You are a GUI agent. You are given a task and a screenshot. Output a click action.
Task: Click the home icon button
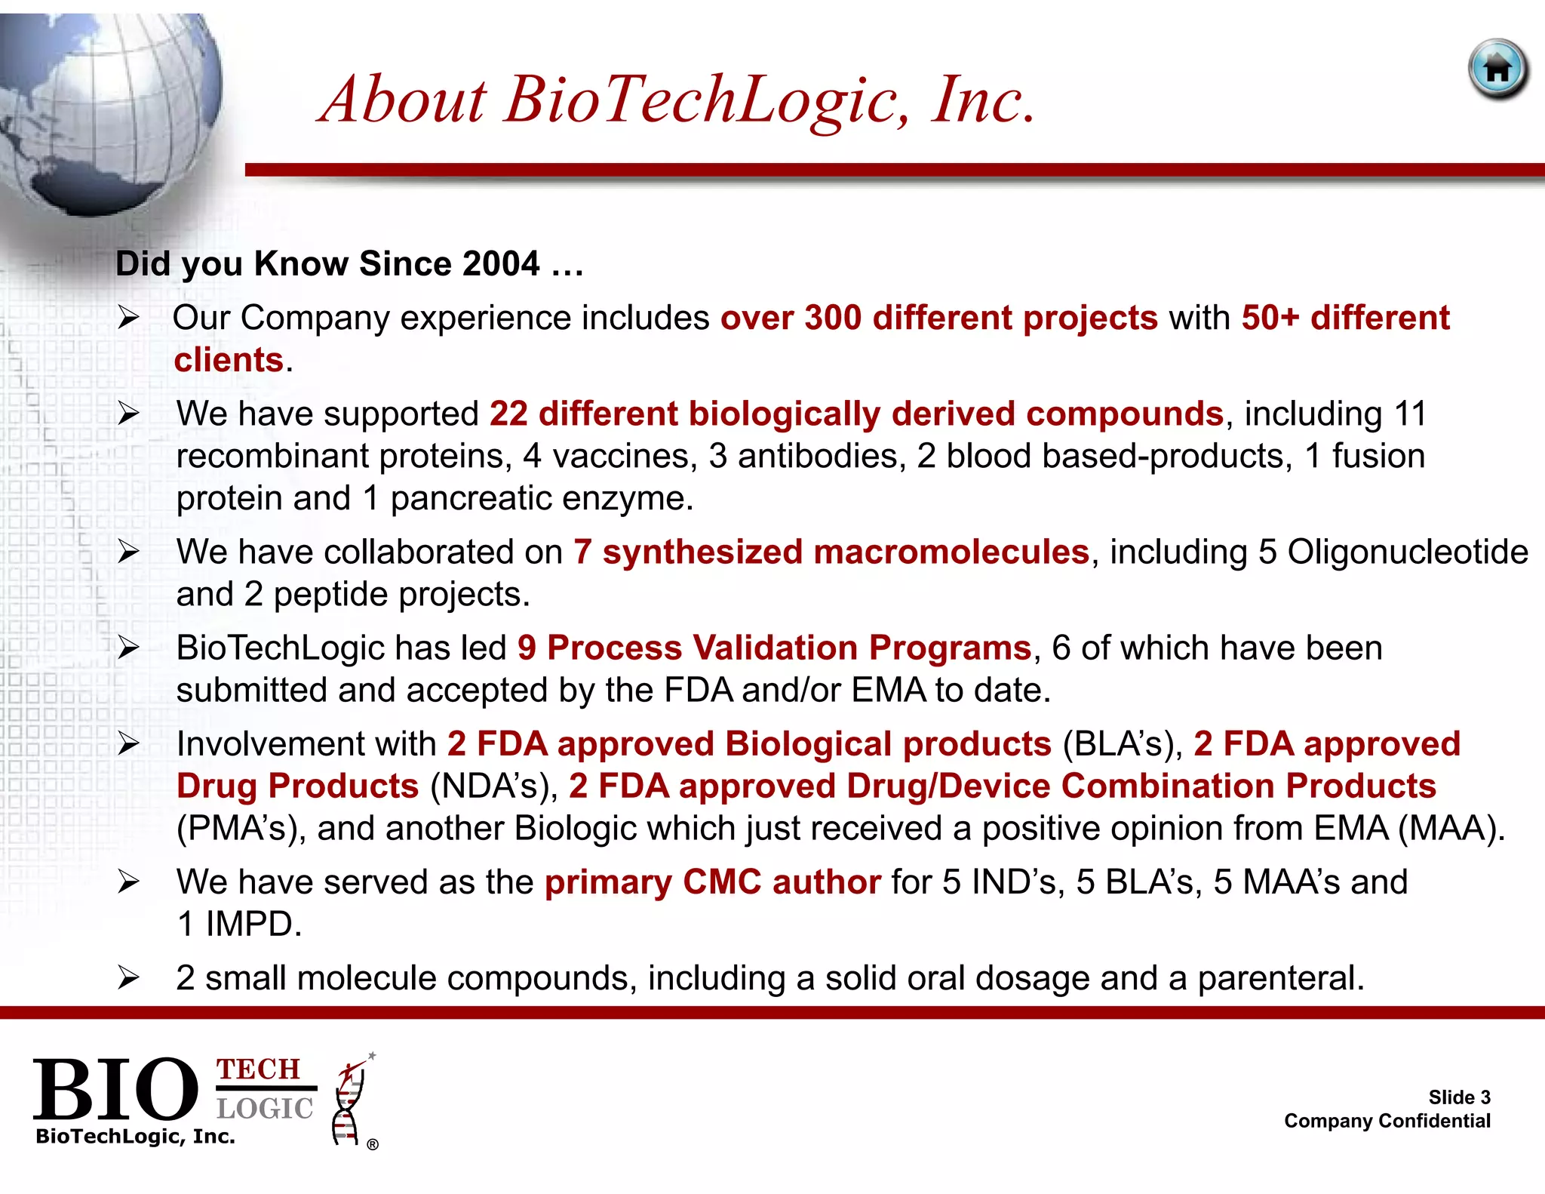click(x=1498, y=69)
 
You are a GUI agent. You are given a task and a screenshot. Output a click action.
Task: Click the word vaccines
click(x=625, y=456)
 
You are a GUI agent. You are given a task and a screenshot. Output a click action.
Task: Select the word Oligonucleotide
click(x=1408, y=552)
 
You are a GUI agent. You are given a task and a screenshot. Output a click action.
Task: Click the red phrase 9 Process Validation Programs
click(x=774, y=648)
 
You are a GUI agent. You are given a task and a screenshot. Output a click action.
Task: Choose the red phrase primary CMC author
click(x=712, y=882)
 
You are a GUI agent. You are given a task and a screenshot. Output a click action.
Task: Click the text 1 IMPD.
click(x=238, y=924)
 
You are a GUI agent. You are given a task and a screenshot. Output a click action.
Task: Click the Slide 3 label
click(x=1459, y=1097)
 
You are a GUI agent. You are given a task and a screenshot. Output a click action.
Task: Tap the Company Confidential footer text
click(x=1387, y=1121)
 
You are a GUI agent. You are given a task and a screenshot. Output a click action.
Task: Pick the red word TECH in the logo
click(x=259, y=1069)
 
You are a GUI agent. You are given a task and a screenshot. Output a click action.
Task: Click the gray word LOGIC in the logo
click(x=264, y=1108)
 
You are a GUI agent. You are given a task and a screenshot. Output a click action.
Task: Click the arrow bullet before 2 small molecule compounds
click(x=128, y=978)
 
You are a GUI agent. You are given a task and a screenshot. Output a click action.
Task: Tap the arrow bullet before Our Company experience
click(x=128, y=318)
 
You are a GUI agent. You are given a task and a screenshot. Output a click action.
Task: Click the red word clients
click(x=229, y=360)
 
